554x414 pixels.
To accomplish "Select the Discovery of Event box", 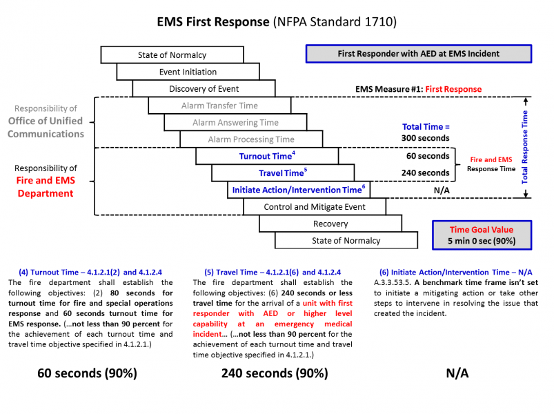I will [x=204, y=88].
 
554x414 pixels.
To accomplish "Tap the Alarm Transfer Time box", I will [x=219, y=106].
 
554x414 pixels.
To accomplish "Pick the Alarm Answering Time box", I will [x=235, y=122].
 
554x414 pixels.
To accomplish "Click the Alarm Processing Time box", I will [x=251, y=139].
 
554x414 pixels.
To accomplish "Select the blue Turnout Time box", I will [x=267, y=156].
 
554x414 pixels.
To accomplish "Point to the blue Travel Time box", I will [x=283, y=173].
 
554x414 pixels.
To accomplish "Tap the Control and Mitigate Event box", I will [x=315, y=206].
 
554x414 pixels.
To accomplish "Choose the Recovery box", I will [x=330, y=224].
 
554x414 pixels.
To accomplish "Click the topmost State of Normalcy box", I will [x=172, y=55].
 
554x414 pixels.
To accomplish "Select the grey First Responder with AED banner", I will [x=418, y=54].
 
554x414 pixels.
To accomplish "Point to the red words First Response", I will [x=453, y=89].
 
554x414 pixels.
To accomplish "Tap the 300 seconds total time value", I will [x=426, y=138].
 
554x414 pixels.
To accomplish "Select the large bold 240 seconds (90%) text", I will [x=274, y=373].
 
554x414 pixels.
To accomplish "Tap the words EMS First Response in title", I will [x=212, y=22].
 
